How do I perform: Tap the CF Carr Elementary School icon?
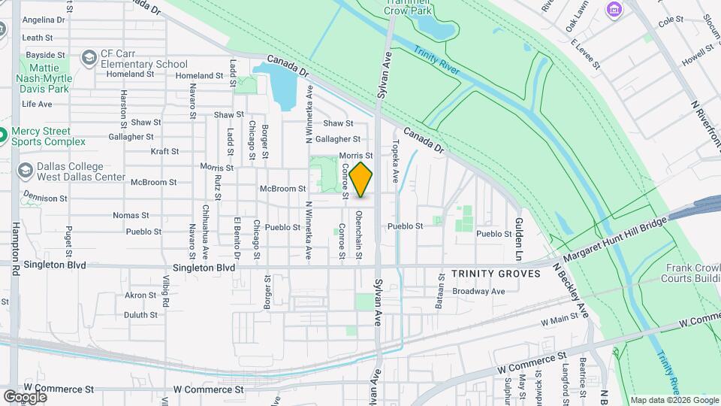[89, 58]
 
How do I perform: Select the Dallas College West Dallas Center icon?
[24, 171]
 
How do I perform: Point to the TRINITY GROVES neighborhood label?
[496, 274]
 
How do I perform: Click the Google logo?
[25, 397]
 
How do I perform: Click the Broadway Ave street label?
[478, 291]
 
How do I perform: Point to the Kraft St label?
[164, 151]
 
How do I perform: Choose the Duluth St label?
[140, 315]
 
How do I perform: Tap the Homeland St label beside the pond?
[199, 75]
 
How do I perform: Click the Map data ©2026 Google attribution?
[674, 399]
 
